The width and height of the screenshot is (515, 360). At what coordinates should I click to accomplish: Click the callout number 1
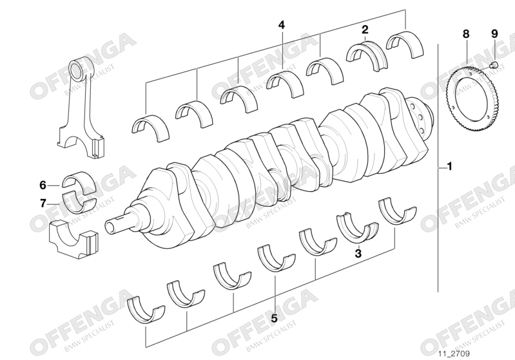[450, 166]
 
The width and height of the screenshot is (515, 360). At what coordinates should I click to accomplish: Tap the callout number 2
[365, 30]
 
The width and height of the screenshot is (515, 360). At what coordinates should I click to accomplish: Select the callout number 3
[358, 253]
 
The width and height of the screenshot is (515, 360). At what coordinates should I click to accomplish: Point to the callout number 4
[282, 25]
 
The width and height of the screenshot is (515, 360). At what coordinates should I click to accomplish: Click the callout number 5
[274, 318]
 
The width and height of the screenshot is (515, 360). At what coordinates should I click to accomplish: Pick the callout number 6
[43, 185]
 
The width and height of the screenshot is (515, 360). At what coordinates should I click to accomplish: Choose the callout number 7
[43, 204]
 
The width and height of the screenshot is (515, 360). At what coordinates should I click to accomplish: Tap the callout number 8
[466, 33]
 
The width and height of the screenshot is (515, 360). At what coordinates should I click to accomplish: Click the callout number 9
[494, 33]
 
